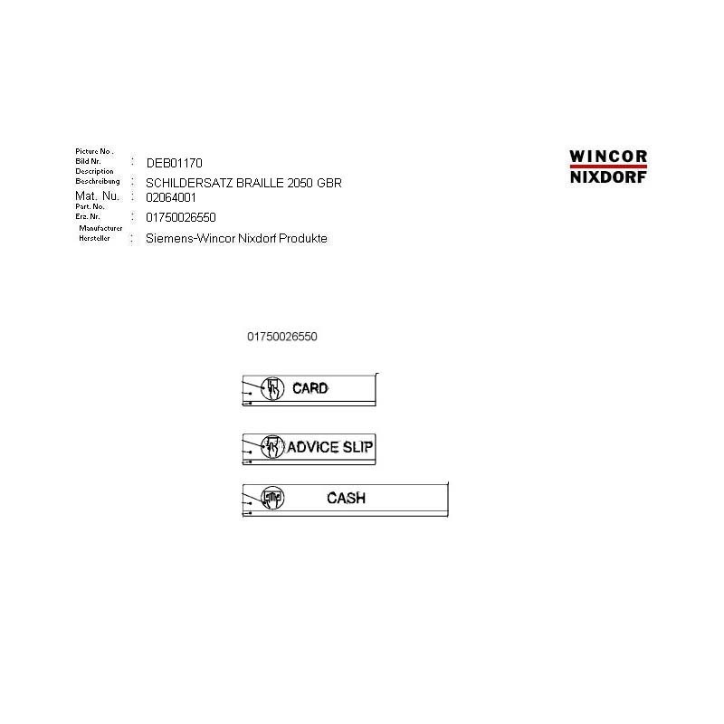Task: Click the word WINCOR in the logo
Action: [x=608, y=157]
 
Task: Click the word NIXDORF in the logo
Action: [x=608, y=177]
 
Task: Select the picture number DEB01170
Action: [x=167, y=163]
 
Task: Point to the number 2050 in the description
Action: [x=300, y=183]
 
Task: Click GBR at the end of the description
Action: [x=329, y=183]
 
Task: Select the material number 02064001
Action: [x=170, y=196]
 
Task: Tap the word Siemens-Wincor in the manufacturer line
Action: [x=190, y=239]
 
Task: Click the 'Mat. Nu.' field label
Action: [x=97, y=195]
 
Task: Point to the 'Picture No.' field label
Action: [x=93, y=150]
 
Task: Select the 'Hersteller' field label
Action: [x=94, y=238]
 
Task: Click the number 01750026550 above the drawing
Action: [x=281, y=337]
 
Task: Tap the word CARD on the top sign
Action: [x=310, y=388]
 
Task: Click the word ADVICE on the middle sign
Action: [x=313, y=447]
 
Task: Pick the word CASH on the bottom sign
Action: [x=347, y=498]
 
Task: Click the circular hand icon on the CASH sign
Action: [x=273, y=497]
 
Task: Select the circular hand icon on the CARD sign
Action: [x=272, y=388]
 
